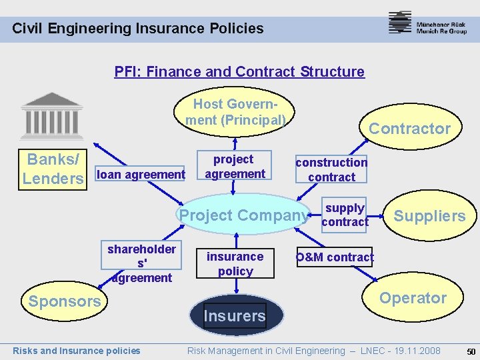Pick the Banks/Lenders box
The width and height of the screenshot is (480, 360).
click(x=53, y=169)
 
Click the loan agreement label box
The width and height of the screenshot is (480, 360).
click(x=141, y=175)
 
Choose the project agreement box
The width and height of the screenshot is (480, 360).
click(x=235, y=167)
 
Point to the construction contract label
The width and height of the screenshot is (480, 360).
click(x=331, y=169)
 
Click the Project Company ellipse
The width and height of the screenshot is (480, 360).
click(x=244, y=215)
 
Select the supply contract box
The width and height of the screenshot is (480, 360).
click(x=345, y=215)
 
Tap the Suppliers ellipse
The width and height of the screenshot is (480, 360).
click(x=429, y=215)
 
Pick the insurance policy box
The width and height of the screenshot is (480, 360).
click(x=235, y=263)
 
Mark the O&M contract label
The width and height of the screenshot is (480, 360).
click(x=335, y=257)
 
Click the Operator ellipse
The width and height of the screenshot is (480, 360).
click(x=413, y=298)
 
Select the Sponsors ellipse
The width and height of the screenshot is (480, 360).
click(x=64, y=301)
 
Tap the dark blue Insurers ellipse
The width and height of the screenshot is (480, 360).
click(x=235, y=315)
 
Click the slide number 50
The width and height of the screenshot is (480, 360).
click(x=471, y=351)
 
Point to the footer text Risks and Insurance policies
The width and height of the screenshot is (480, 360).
click(x=77, y=351)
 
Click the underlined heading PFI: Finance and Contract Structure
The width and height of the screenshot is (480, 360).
click(x=239, y=71)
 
